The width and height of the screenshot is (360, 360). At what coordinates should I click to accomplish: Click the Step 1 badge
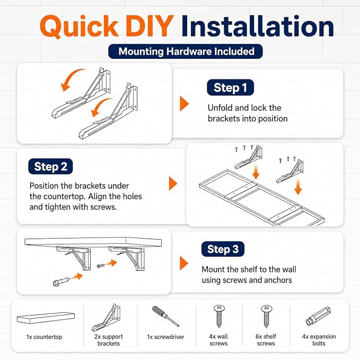click(230, 87)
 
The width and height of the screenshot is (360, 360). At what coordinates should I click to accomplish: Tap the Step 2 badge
click(50, 166)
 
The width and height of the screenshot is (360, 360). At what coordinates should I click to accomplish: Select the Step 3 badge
click(223, 249)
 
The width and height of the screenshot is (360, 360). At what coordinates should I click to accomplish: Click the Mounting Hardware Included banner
click(186, 51)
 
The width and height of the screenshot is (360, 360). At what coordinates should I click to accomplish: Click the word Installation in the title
click(258, 25)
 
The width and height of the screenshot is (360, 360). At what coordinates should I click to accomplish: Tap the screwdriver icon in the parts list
click(165, 316)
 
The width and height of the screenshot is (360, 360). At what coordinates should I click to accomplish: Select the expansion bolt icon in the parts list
click(319, 317)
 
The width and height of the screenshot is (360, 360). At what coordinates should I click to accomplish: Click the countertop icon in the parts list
click(46, 318)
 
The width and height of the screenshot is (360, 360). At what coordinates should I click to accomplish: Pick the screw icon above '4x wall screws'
click(219, 316)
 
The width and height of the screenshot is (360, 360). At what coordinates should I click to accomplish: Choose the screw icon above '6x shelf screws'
click(266, 316)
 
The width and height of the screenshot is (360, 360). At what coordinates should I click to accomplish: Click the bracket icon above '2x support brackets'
click(106, 318)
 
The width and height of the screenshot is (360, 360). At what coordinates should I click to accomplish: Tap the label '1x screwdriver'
click(165, 337)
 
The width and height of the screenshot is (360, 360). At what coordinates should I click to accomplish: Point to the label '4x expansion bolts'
click(319, 340)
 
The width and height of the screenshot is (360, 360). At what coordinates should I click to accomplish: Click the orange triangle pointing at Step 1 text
click(184, 103)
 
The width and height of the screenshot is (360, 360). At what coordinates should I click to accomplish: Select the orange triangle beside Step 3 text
click(184, 263)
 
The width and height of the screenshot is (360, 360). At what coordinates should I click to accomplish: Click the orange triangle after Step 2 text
click(173, 183)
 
